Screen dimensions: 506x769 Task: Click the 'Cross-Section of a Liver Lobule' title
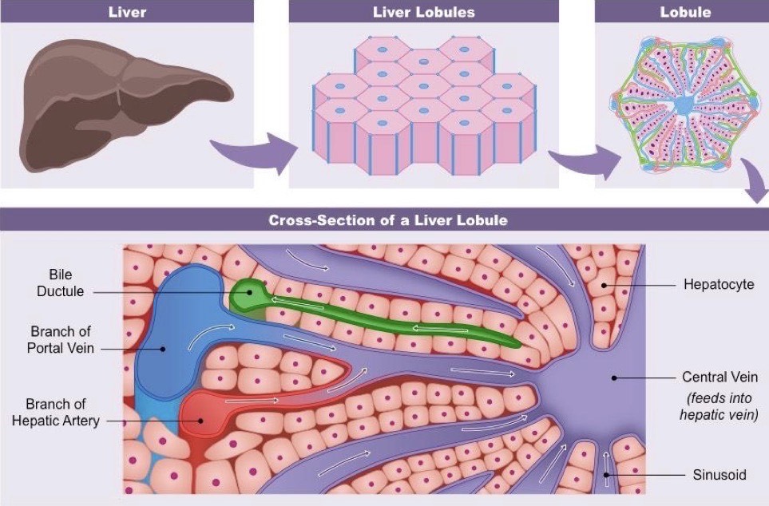tap(387, 220)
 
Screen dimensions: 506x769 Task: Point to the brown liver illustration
tap(120, 104)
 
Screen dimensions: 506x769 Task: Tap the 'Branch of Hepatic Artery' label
tap(55, 412)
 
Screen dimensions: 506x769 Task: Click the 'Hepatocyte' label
tap(719, 284)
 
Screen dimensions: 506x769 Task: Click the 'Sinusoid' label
tap(719, 475)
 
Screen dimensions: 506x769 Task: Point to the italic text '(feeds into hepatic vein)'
tap(718, 405)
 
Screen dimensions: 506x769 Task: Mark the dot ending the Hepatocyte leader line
tap(604, 284)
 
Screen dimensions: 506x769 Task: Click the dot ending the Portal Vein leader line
tap(162, 348)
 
